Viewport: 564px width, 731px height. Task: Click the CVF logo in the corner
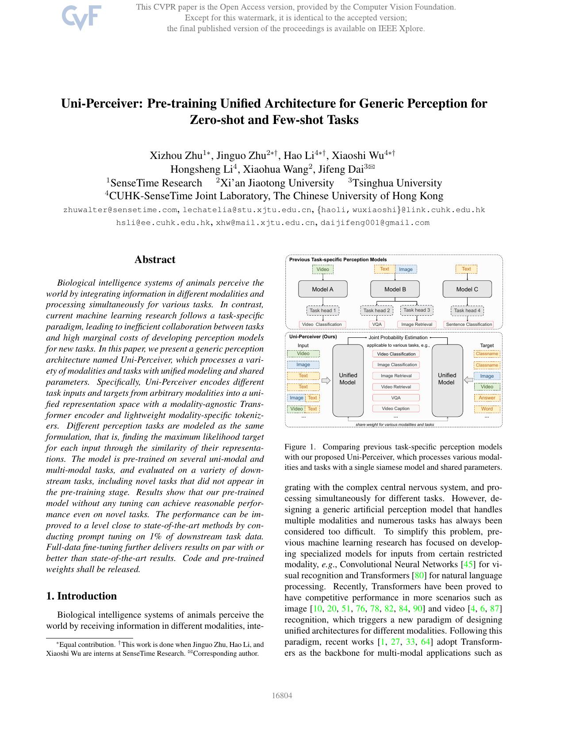81,17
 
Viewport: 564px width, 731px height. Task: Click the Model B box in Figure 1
395,289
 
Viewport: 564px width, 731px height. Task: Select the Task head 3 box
416,310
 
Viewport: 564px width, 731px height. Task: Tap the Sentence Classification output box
468,324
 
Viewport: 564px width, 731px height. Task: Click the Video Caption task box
395,408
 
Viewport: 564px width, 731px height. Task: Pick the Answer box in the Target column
487,398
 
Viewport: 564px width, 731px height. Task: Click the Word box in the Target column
487,409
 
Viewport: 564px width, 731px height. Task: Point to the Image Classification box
396,365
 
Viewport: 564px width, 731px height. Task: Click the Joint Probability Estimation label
398,337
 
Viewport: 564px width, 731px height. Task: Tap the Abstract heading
155,259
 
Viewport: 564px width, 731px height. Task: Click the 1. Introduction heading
81,596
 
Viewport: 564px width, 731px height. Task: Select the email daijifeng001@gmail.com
375,223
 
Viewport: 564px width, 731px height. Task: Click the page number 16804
282,696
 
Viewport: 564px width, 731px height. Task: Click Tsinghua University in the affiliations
397,183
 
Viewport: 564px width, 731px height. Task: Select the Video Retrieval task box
396,387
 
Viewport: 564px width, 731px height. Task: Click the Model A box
322,289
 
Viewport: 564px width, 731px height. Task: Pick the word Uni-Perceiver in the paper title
102,103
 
